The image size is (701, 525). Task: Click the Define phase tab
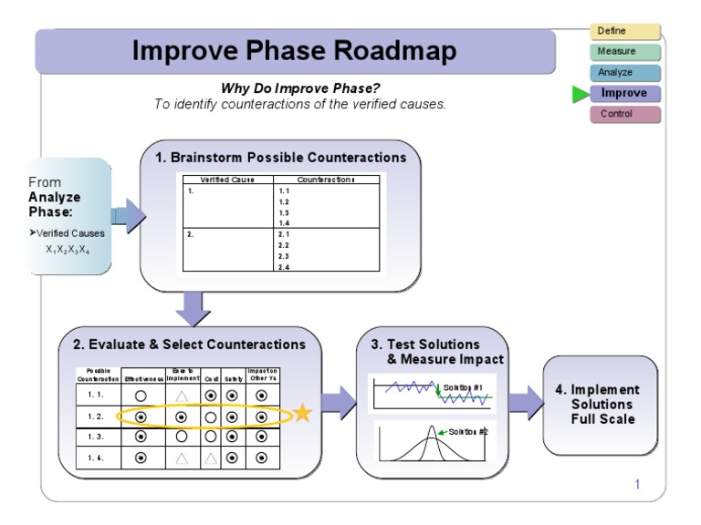625,32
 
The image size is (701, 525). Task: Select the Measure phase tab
625,52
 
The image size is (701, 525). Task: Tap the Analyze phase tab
625,73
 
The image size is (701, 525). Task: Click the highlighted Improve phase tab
625,93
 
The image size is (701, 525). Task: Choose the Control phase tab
625,114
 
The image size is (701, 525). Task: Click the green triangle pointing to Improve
580,94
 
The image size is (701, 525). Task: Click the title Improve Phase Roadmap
294,51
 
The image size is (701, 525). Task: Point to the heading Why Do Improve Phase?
300,88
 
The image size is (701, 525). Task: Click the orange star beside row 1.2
302,414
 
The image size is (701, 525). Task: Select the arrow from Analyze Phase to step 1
128,216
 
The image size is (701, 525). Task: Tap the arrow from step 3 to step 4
526,401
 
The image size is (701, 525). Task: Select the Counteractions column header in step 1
326,180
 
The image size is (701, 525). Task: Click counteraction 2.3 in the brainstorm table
283,256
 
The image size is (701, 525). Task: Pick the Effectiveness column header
144,378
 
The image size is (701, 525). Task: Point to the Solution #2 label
468,431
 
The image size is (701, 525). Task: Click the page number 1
637,484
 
